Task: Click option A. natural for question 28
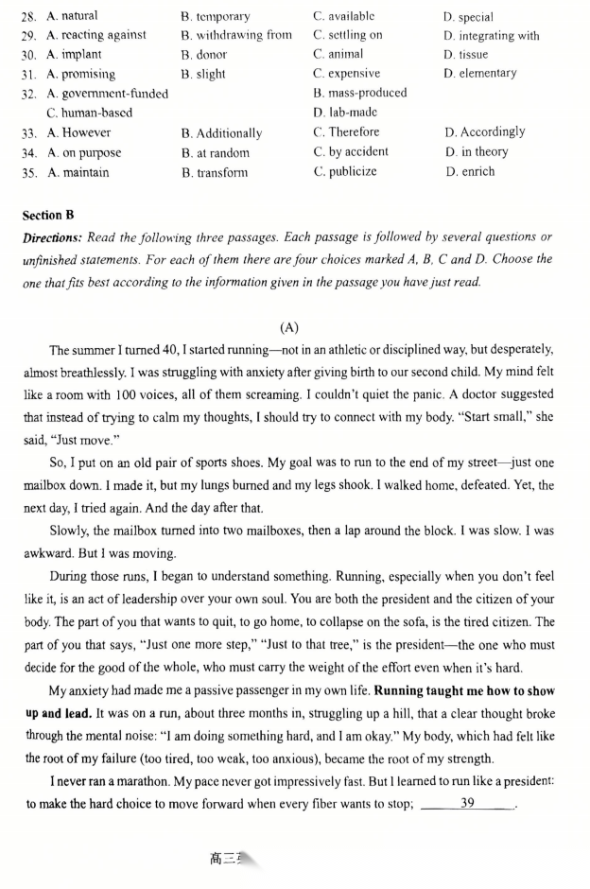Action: (x=72, y=16)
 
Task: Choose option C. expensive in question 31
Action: (x=347, y=74)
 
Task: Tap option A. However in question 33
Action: (x=78, y=133)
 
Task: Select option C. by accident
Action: (x=351, y=152)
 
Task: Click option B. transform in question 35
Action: (x=214, y=172)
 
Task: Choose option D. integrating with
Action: (x=492, y=36)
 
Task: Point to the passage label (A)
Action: (x=289, y=328)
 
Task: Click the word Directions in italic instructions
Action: (x=53, y=237)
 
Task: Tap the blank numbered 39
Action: (x=467, y=804)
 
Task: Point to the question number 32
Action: (x=27, y=94)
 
